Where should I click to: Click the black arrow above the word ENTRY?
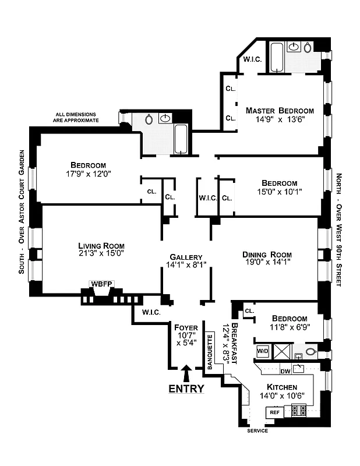point(186,371)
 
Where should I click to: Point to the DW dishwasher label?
point(285,371)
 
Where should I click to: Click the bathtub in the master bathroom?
point(276,57)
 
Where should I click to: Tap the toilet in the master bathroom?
point(308,47)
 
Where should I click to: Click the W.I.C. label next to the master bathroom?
point(252,59)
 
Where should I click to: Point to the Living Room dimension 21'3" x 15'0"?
point(101,253)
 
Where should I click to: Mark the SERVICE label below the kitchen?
point(257,430)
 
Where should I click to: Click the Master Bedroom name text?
point(280,111)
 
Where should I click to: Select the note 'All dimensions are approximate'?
point(77,117)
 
